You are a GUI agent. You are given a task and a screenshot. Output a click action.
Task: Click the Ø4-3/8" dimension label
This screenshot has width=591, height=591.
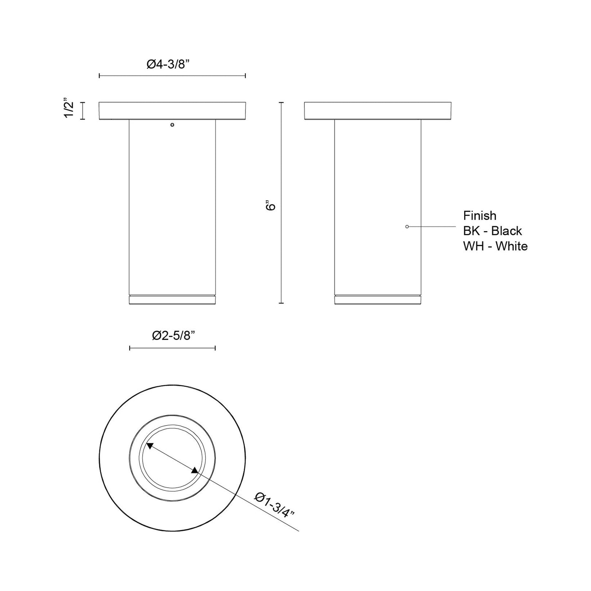pyautogui.click(x=172, y=64)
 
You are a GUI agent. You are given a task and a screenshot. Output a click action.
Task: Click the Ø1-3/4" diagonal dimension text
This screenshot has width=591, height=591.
pyautogui.click(x=274, y=505)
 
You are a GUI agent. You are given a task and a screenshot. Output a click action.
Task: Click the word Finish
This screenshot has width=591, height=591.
pyautogui.click(x=479, y=216)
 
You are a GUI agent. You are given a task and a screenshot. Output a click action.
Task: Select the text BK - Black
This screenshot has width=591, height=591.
pyautogui.click(x=492, y=231)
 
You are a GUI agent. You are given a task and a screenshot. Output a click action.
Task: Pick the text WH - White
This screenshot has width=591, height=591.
pyautogui.click(x=495, y=246)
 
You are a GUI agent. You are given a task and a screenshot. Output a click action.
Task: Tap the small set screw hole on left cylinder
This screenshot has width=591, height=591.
pyautogui.click(x=172, y=124)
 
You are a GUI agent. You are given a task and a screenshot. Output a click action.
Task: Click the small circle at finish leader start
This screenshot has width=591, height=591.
pyautogui.click(x=407, y=227)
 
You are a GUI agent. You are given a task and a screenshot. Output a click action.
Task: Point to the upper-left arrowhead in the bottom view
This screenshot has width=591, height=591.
pyautogui.click(x=150, y=447)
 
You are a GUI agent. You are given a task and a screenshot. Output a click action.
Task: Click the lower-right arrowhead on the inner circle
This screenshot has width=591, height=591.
pyautogui.click(x=194, y=471)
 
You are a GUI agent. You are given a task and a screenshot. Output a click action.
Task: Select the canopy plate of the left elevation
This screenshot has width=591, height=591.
pyautogui.click(x=172, y=111)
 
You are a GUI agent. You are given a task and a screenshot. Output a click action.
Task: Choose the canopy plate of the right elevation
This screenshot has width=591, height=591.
pyautogui.click(x=378, y=111)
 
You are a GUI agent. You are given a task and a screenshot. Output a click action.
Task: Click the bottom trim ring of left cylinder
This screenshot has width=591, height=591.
pyautogui.click(x=172, y=300)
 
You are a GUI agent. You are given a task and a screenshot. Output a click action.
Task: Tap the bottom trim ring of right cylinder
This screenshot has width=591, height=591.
pyautogui.click(x=378, y=300)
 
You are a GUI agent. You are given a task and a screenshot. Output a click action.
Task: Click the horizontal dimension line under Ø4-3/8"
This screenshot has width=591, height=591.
pyautogui.click(x=172, y=76)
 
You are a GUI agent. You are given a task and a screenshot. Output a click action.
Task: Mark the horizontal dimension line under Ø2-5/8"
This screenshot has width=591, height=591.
pyautogui.click(x=172, y=348)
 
